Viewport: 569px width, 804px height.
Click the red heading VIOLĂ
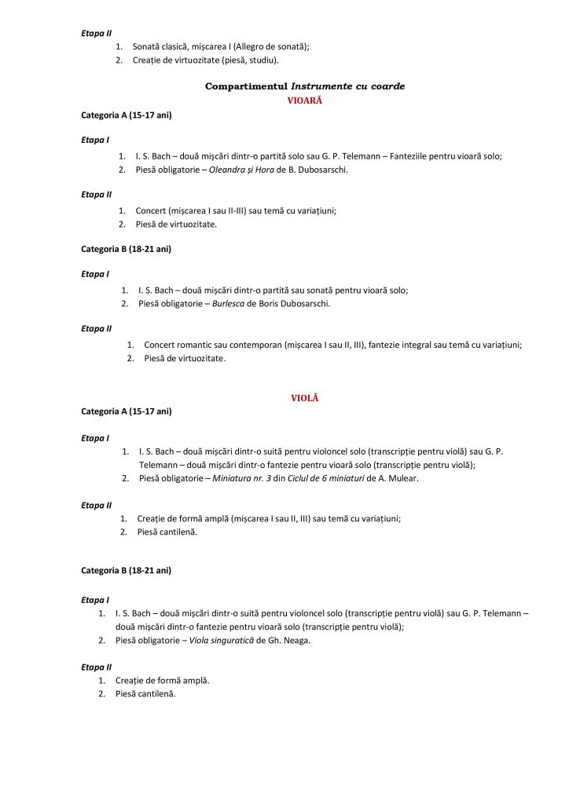click(x=305, y=398)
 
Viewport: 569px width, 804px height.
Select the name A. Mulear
click(x=398, y=478)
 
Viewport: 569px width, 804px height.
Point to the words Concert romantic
click(x=178, y=345)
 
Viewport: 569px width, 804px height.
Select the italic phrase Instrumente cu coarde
click(x=348, y=86)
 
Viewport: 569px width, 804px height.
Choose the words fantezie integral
click(x=402, y=345)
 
